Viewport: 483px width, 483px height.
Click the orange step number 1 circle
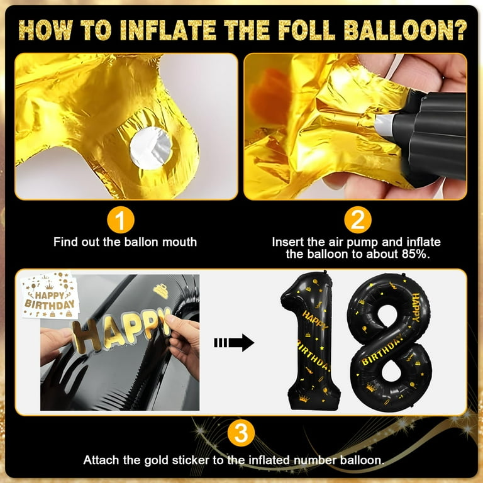(x=121, y=220)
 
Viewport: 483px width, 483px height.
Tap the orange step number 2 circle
(x=358, y=220)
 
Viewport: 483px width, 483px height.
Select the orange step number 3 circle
(x=241, y=433)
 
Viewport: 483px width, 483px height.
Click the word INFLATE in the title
(x=168, y=30)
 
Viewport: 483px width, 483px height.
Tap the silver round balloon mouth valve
(x=151, y=148)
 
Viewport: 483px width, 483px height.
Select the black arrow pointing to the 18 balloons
(x=234, y=343)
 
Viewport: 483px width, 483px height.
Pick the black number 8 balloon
(x=391, y=342)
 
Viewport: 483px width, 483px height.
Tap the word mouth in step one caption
(x=180, y=242)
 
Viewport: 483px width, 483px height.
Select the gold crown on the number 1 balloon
(x=304, y=399)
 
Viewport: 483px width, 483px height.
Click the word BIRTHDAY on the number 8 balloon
(x=382, y=350)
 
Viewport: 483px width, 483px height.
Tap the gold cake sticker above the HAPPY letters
(x=160, y=291)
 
